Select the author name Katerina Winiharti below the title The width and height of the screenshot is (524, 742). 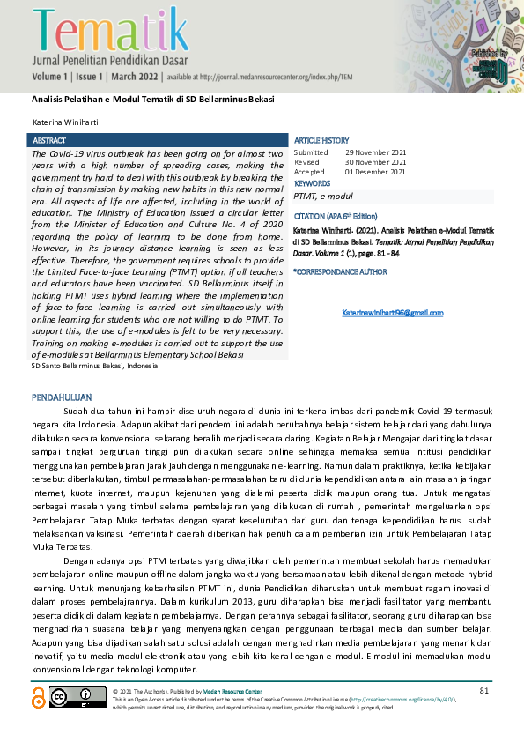[x=65, y=119]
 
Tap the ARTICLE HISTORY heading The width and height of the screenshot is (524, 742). [x=321, y=141]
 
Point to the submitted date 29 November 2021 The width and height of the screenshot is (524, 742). [x=376, y=152]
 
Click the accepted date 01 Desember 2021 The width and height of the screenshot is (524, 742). [x=376, y=172]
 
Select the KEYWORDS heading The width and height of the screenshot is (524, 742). [x=313, y=183]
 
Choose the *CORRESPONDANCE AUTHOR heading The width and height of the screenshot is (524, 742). [x=340, y=271]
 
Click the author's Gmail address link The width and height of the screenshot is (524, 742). [x=392, y=313]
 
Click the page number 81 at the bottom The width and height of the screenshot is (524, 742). [x=483, y=689]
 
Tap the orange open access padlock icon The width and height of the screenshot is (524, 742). [x=38, y=699]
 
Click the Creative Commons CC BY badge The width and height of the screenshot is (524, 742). [x=77, y=698]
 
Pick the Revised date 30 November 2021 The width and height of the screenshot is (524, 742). [x=376, y=162]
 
